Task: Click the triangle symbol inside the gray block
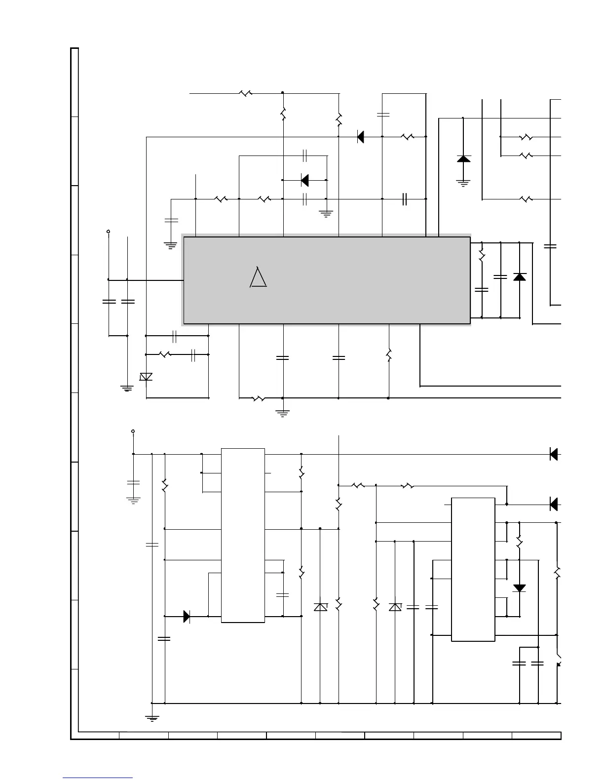258,277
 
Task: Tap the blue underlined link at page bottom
98,778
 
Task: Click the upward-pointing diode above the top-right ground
463,158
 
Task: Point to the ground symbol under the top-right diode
463,183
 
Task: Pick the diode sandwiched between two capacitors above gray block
304,180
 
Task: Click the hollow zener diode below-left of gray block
146,377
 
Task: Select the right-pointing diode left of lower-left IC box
187,616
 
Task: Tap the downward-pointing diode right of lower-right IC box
519,588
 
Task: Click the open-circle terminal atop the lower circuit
133,431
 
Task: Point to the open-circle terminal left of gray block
108,231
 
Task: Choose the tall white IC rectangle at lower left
243,535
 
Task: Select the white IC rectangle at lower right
473,569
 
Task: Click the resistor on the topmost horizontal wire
246,93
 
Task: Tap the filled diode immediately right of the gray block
519,276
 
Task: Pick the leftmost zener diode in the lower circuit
320,607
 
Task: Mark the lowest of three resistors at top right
527,199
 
